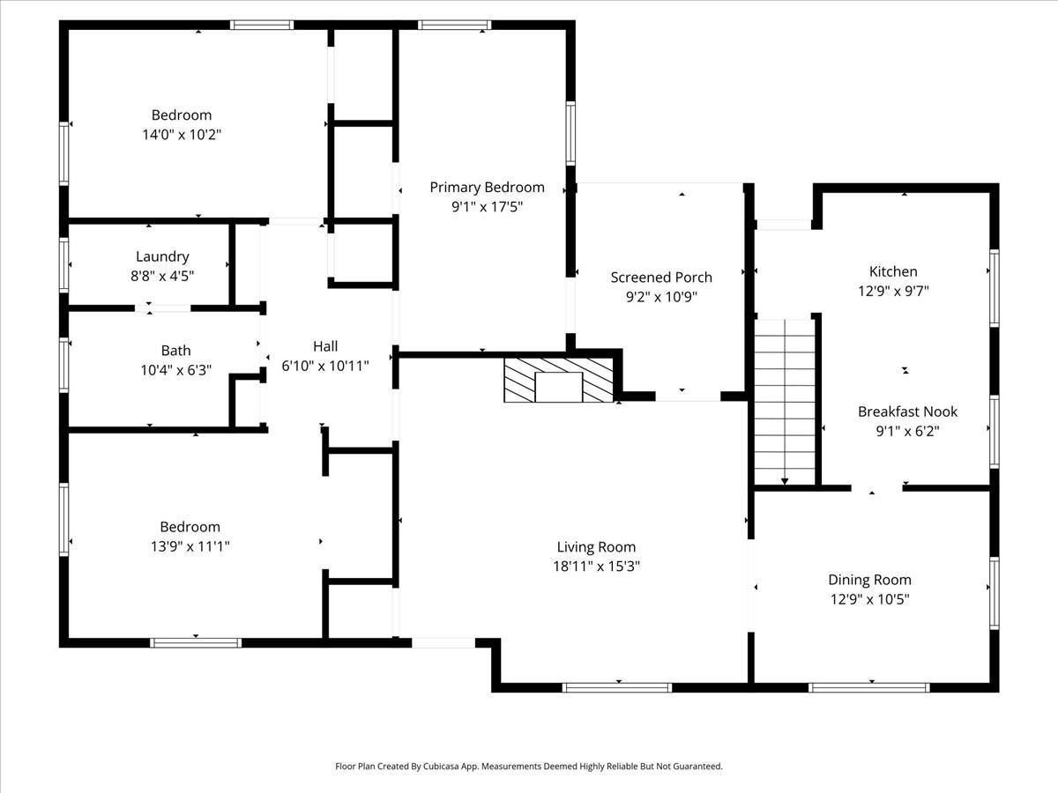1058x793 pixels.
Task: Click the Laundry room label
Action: click(162, 256)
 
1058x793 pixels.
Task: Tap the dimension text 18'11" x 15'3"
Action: click(596, 567)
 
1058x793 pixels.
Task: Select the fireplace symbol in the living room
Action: click(558, 381)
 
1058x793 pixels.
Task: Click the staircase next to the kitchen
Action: click(784, 401)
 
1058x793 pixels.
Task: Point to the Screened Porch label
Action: click(661, 277)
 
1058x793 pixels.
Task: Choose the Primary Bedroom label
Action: click(487, 187)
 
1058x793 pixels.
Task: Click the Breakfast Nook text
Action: click(907, 411)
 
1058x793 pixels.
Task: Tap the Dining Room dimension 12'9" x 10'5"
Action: click(869, 599)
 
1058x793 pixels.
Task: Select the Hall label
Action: click(325, 346)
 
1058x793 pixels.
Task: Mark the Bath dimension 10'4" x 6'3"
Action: click(176, 370)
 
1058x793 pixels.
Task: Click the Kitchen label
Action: click(893, 271)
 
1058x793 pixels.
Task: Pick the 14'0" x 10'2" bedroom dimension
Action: click(182, 135)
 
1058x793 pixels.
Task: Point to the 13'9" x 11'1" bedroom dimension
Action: click(190, 546)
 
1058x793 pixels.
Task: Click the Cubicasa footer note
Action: click(529, 767)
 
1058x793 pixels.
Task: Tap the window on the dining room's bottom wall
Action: click(869, 687)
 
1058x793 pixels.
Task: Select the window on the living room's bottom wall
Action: click(617, 687)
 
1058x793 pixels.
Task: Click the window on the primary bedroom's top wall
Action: click(455, 25)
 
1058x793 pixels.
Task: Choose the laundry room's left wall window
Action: click(64, 264)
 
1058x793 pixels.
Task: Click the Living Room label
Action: click(596, 547)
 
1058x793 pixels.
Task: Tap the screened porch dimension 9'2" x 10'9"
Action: click(661, 297)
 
